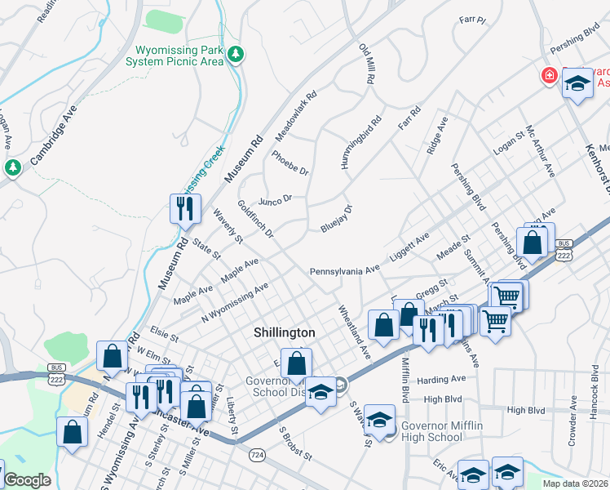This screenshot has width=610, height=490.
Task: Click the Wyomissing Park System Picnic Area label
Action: point(174,55)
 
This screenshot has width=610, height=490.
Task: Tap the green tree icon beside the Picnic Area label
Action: point(236,55)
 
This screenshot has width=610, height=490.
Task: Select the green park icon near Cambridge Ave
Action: point(12,167)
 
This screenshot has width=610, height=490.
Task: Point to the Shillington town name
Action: point(284,332)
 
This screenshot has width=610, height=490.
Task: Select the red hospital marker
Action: point(550,76)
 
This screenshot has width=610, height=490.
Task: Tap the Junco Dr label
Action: point(275,200)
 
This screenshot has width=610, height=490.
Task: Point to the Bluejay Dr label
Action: point(336,219)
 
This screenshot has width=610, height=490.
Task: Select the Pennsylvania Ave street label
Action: point(344,269)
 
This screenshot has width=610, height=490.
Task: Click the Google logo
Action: point(27,479)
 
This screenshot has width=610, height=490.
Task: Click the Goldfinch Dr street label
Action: point(255,220)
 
